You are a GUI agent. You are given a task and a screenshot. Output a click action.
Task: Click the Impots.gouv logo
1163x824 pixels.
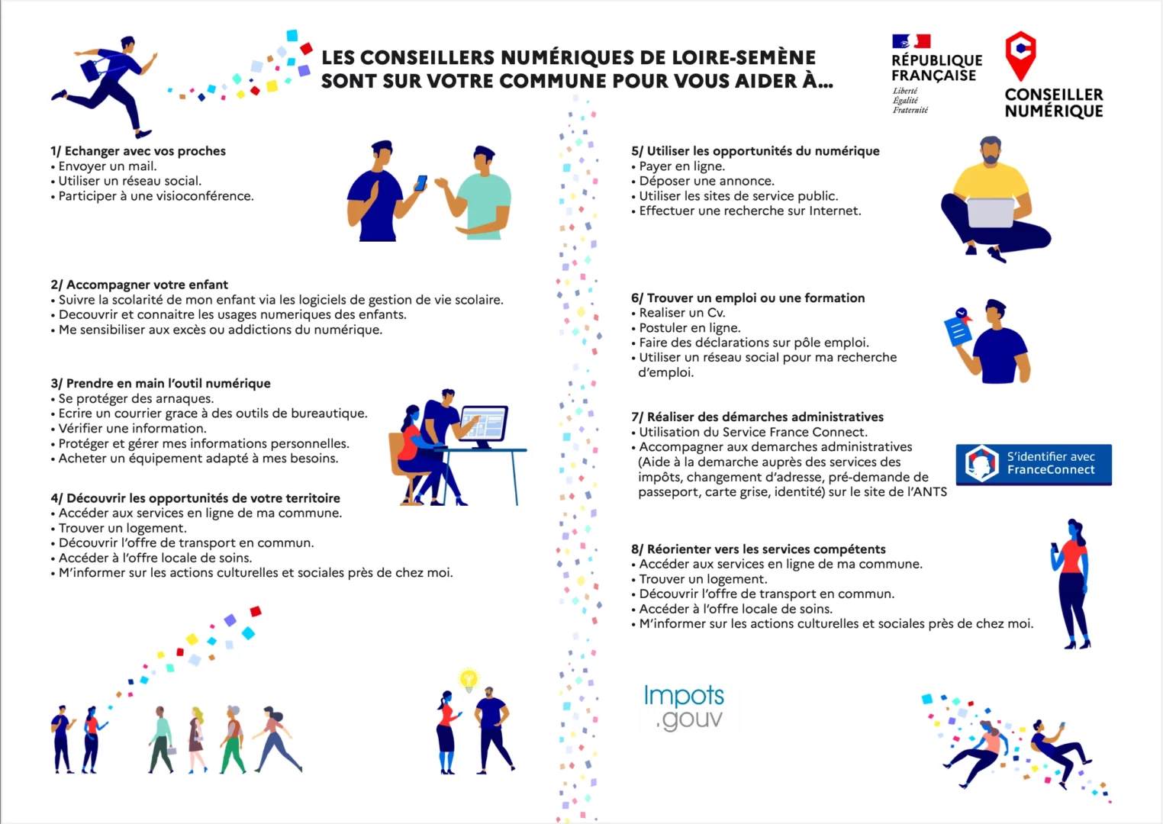click(683, 707)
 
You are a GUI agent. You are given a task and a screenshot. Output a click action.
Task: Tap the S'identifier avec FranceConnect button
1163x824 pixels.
click(1033, 464)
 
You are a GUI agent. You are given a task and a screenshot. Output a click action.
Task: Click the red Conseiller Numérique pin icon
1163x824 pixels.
click(1020, 55)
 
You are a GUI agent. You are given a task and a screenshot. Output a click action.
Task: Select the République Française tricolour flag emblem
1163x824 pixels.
click(911, 41)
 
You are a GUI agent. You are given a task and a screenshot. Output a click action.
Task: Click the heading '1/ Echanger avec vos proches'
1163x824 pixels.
click(138, 151)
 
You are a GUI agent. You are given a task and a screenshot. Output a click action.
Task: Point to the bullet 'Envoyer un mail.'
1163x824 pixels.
click(108, 166)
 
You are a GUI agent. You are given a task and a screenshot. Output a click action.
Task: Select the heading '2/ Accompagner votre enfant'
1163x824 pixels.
click(140, 285)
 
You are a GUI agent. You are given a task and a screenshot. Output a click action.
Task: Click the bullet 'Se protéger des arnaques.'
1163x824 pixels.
click(136, 398)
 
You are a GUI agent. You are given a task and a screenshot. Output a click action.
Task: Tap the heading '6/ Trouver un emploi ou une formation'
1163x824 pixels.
click(748, 298)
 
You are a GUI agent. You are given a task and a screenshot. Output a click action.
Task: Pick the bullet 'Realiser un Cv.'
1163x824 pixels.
click(681, 313)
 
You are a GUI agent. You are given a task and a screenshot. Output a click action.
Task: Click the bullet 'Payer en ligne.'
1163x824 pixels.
click(681, 166)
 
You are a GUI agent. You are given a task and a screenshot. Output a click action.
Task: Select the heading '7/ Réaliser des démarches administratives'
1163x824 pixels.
click(757, 417)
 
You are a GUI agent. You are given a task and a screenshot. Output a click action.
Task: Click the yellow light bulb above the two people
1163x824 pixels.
click(468, 678)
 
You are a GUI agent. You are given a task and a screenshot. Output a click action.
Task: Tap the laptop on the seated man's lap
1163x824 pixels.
click(991, 211)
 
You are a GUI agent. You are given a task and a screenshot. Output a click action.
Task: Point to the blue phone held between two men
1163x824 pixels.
click(420, 183)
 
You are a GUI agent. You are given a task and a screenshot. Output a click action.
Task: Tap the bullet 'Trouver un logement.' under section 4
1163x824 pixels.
click(122, 528)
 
